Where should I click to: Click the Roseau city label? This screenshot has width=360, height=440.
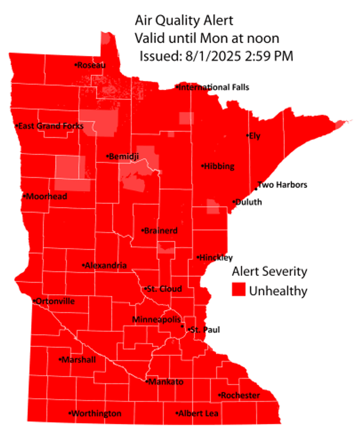[91, 65]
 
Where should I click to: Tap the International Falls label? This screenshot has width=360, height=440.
[214, 87]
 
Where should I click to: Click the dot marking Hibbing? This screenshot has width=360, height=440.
[202, 166]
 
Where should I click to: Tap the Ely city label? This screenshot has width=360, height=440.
[255, 136]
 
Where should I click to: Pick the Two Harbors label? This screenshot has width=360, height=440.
[282, 185]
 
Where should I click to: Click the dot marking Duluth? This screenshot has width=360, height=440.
[234, 202]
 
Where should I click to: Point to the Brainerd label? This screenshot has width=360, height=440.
[161, 231]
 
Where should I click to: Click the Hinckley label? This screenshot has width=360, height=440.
[216, 258]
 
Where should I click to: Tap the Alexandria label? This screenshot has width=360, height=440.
[106, 266]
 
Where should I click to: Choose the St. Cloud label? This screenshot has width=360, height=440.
[164, 289]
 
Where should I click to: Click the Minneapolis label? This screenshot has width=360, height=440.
[156, 319]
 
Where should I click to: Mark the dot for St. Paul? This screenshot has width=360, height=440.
[189, 330]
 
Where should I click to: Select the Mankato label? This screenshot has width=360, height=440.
[166, 382]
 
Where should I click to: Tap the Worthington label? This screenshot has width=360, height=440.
[97, 414]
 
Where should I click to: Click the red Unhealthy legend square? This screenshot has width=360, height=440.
[238, 290]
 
